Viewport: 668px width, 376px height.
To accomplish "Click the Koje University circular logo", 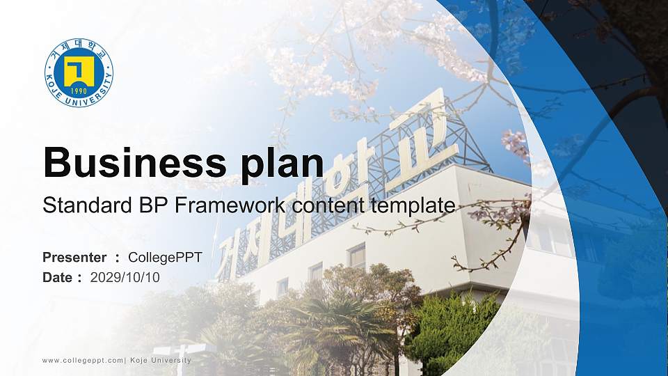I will pyautogui.click(x=79, y=73).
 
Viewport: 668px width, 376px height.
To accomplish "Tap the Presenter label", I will pyautogui.click(x=74, y=258).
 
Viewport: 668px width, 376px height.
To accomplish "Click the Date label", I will pyautogui.click(x=58, y=278).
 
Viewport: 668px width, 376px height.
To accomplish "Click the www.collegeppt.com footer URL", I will pyautogui.click(x=82, y=360).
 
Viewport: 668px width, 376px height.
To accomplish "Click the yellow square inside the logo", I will pyautogui.click(x=79, y=70).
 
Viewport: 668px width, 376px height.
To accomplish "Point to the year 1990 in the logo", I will pyautogui.click(x=79, y=91).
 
